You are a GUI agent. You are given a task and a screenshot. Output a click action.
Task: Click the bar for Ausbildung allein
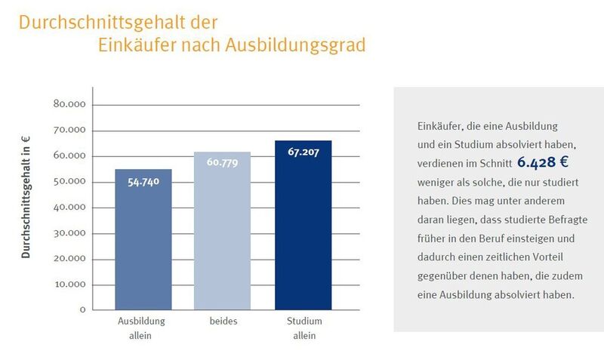[143, 242]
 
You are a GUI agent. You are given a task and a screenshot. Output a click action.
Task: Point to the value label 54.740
[143, 183]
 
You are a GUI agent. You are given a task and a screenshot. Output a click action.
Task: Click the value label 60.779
[222, 163]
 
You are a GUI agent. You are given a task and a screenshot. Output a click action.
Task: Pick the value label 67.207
[303, 152]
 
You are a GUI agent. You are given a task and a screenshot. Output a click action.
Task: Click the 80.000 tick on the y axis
[69, 104]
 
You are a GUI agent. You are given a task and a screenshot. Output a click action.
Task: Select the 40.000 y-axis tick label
[69, 207]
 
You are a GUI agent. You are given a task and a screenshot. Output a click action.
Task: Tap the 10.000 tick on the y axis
[69, 285]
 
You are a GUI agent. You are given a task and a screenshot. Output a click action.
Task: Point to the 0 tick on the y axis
[82, 309]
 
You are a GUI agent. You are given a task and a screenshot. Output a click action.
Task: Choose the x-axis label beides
[223, 322]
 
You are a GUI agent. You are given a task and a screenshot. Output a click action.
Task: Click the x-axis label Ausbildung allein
[141, 328]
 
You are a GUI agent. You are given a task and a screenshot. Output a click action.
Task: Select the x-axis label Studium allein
[304, 328]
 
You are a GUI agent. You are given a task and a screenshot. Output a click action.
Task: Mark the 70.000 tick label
[69, 130]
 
